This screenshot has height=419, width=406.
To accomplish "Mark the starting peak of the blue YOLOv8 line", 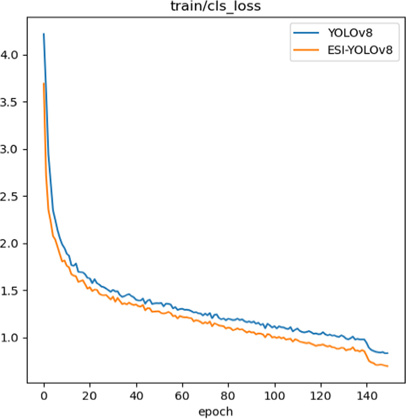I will [44, 34].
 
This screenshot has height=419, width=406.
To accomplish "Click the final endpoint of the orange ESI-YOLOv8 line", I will [388, 366].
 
